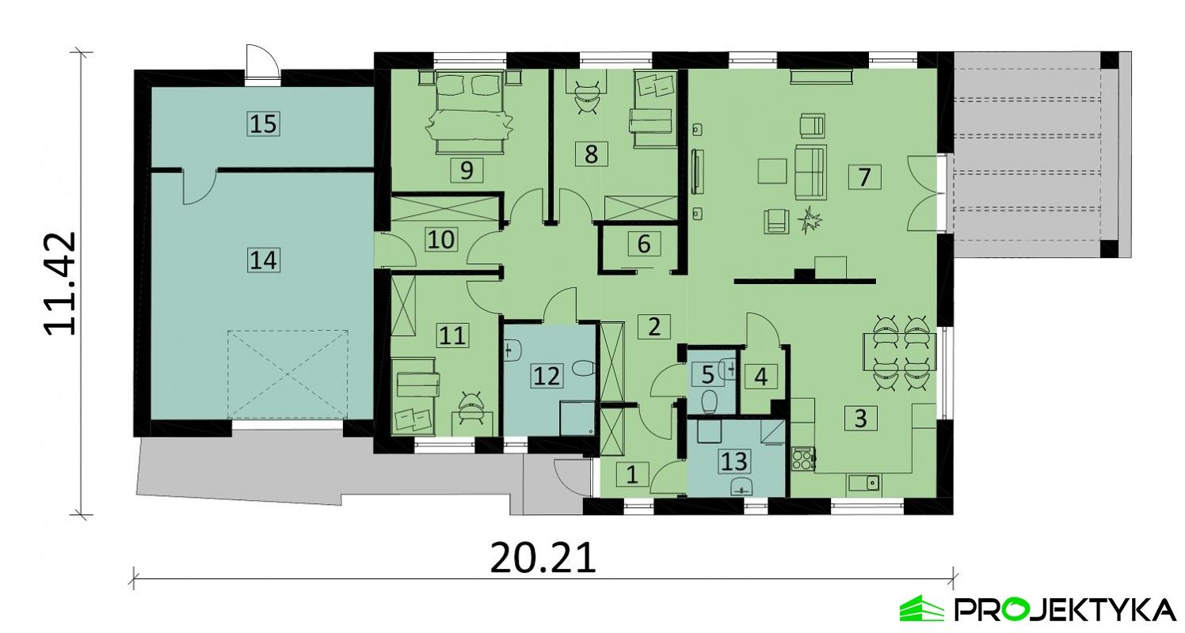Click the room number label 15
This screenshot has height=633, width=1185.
[265, 124]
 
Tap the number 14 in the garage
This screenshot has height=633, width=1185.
[265, 260]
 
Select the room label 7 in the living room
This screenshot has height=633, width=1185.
[863, 176]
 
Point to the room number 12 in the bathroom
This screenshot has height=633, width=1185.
[547, 375]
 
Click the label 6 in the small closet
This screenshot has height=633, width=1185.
[643, 244]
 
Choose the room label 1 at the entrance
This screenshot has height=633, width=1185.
[631, 475]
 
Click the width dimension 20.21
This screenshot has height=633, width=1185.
[543, 559]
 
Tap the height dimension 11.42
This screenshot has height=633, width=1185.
[61, 282]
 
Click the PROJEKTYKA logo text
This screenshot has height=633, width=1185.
[1065, 609]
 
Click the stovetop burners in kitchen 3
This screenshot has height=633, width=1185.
[803, 460]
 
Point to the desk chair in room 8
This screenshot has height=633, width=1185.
[586, 93]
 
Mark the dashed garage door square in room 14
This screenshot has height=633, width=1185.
[288, 375]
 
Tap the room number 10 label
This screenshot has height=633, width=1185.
[440, 239]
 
